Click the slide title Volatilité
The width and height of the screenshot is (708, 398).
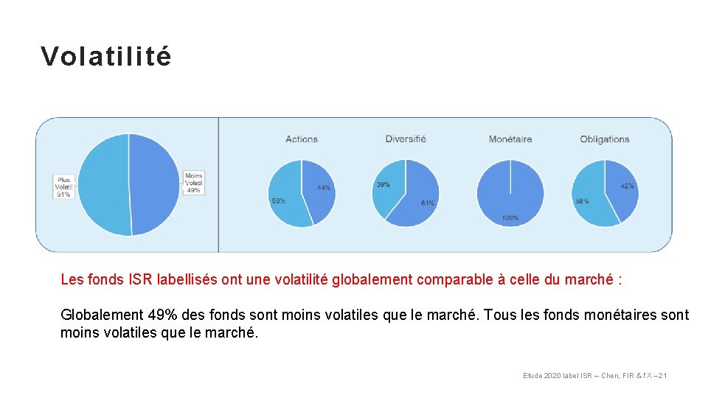click(106, 57)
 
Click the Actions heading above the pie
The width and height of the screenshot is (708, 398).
click(302, 139)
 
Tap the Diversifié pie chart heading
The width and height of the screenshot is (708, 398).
click(406, 139)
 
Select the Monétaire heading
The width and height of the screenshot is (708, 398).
click(510, 139)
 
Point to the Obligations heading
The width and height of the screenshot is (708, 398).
click(605, 139)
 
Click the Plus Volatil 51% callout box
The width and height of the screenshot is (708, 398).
click(64, 186)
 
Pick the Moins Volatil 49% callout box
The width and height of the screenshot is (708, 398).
click(193, 183)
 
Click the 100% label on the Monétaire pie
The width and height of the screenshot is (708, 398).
click(510, 217)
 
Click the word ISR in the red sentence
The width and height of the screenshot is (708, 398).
click(141, 280)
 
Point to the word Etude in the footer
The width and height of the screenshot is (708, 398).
click(532, 376)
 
